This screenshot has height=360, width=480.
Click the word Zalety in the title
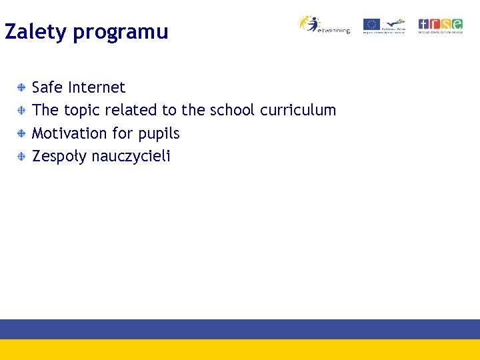click(x=36, y=32)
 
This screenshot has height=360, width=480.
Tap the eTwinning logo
click(x=323, y=25)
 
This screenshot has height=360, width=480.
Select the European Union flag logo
click(x=371, y=25)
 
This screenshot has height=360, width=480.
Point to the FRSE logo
click(x=440, y=25)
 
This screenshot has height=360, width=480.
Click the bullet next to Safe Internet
click(x=22, y=87)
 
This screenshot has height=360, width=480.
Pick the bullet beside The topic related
click(x=22, y=110)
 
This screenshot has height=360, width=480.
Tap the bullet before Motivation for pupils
click(x=22, y=133)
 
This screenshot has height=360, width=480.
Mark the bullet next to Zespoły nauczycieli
click(x=22, y=156)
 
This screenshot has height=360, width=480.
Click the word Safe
click(x=47, y=87)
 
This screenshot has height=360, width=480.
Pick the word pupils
click(x=159, y=134)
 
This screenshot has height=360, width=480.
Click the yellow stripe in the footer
click(x=240, y=349)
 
